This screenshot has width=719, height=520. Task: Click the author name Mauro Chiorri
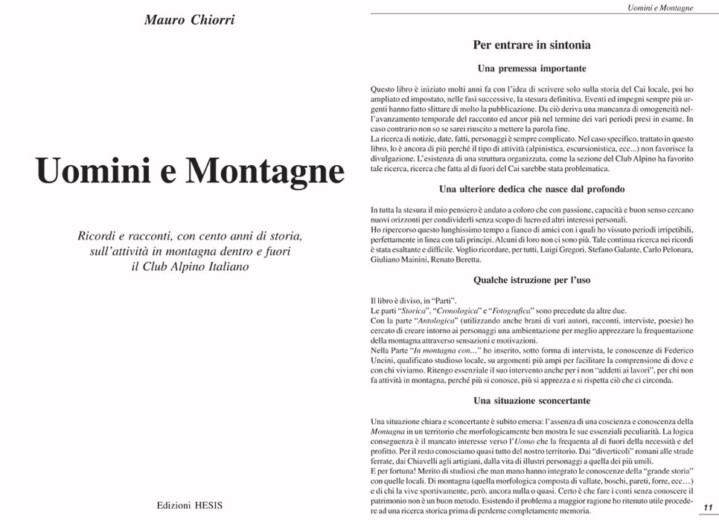(189, 20)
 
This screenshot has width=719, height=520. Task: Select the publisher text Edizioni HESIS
(189, 504)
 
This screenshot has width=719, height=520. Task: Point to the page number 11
(708, 507)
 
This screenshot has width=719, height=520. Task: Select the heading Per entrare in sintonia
(531, 45)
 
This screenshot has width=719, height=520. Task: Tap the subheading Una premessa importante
(531, 68)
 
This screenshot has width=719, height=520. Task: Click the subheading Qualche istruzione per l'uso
(531, 280)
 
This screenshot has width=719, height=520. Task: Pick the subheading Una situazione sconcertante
(531, 401)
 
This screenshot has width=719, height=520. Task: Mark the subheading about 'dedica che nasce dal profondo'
(531, 190)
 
